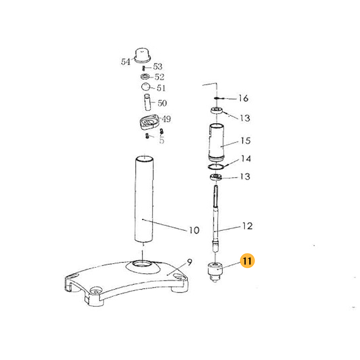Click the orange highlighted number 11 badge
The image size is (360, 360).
(247, 261)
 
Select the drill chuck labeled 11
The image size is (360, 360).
(215, 272)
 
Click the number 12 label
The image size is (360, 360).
(247, 226)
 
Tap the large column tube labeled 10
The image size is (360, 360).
(144, 199)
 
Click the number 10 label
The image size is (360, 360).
(194, 230)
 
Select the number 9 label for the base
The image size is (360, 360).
(189, 262)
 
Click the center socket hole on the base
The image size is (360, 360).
(143, 264)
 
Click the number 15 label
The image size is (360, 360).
(245, 140)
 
